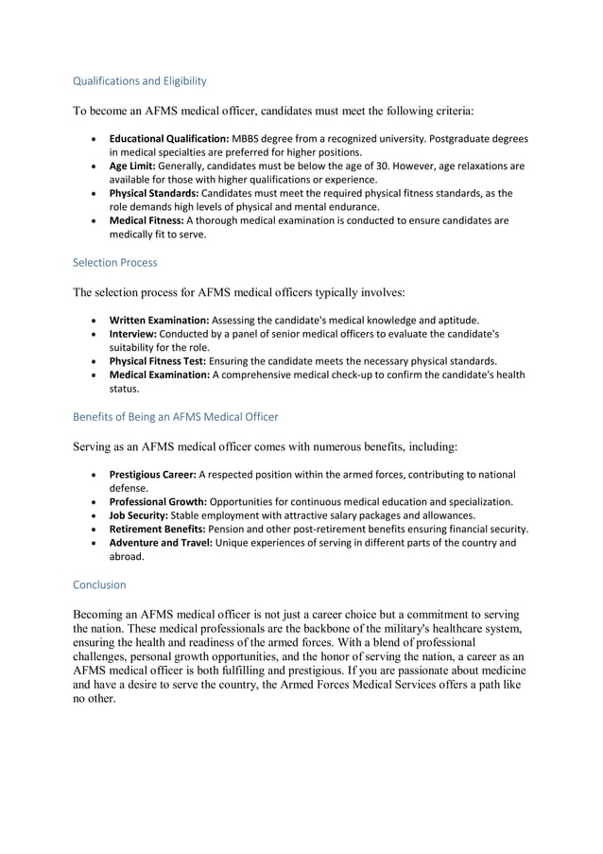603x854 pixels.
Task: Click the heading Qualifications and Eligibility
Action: (140, 80)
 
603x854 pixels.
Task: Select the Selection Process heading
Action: (115, 262)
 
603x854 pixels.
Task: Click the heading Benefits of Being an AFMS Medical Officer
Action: (176, 416)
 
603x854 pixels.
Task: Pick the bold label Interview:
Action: (133, 334)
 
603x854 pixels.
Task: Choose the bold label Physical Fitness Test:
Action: (158, 361)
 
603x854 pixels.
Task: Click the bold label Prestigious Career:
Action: (152, 474)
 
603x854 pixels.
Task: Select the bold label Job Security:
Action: (139, 515)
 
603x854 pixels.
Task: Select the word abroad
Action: (127, 557)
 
